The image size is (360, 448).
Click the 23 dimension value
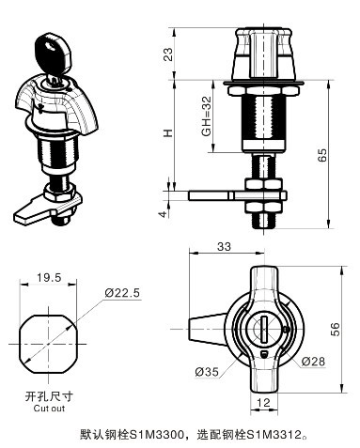(x=168, y=54)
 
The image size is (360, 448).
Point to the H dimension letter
(x=168, y=132)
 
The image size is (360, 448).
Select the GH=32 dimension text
(x=206, y=118)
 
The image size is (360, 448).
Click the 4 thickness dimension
(x=164, y=214)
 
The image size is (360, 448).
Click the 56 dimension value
(x=336, y=328)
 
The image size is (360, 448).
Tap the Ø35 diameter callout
(x=208, y=372)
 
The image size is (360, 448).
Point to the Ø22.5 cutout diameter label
(x=122, y=293)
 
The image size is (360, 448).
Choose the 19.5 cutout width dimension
(x=49, y=277)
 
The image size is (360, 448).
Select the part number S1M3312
(x=278, y=435)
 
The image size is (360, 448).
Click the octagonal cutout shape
(x=50, y=332)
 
